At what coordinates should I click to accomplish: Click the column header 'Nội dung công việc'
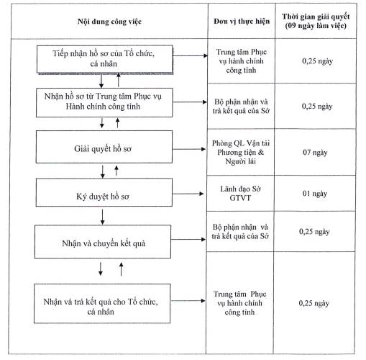click(x=109, y=22)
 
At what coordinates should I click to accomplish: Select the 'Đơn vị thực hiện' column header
click(x=242, y=22)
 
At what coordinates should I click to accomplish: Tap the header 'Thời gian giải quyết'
click(x=316, y=17)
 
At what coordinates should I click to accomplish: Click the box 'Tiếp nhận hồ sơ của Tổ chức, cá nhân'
click(x=104, y=59)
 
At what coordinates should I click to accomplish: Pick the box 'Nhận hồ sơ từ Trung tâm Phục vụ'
click(x=104, y=102)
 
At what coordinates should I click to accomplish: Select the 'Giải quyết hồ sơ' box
click(x=104, y=147)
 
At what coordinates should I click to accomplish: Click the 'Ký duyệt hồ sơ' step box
click(x=104, y=192)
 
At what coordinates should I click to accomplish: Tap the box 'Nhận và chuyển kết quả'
click(x=103, y=242)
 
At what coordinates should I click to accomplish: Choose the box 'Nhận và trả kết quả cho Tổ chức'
click(x=102, y=304)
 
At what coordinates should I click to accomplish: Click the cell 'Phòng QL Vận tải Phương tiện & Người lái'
click(x=241, y=153)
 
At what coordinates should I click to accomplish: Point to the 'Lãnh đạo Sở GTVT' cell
click(x=240, y=194)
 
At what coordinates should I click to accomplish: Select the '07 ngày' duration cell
click(x=315, y=153)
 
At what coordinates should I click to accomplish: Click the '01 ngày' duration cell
click(x=315, y=194)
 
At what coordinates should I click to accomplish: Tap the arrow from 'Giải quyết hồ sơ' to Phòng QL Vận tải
click(x=189, y=149)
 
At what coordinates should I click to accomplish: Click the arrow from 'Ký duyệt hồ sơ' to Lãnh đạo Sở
click(x=188, y=194)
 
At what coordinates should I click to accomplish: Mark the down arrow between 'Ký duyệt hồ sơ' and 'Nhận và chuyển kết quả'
click(x=102, y=217)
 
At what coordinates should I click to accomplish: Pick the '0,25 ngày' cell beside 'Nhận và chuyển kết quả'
click(x=314, y=232)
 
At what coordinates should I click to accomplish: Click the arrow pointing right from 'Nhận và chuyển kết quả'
click(x=188, y=239)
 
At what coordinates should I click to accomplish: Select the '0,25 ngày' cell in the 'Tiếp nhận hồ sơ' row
click(x=317, y=61)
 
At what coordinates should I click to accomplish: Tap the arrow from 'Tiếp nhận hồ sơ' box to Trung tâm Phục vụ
click(x=190, y=55)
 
